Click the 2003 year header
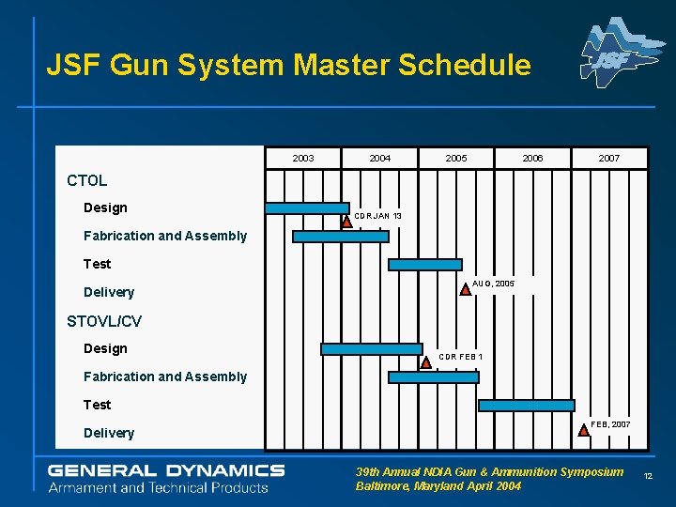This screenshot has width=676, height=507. (x=303, y=159)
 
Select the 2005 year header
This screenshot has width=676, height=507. (x=456, y=159)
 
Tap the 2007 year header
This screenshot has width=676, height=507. (x=609, y=159)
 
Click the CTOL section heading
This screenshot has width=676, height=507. (x=87, y=180)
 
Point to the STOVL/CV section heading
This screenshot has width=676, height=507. (x=104, y=321)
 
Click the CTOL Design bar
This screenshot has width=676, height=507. (x=307, y=207)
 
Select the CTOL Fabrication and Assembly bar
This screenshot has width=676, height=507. (x=340, y=237)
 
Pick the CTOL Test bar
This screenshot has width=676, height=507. (x=425, y=265)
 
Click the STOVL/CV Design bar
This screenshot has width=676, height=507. (x=372, y=349)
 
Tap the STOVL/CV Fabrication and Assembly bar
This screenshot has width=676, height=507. (x=433, y=377)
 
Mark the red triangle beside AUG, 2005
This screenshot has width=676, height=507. (x=466, y=289)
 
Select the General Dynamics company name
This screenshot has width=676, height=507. (x=166, y=469)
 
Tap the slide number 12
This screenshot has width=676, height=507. (x=648, y=478)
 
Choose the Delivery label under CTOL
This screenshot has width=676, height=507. (x=109, y=292)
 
